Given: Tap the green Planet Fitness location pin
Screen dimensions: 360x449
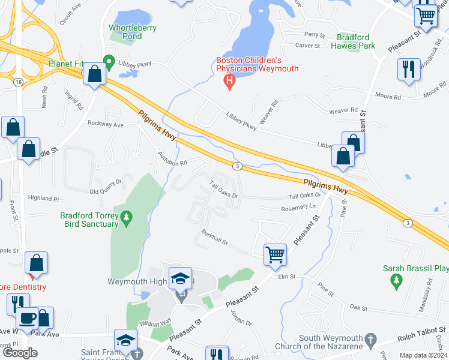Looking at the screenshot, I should [x=109, y=61].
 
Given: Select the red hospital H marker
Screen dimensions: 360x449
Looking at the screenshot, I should [x=229, y=80].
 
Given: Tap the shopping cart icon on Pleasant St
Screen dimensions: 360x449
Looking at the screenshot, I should [x=275, y=254].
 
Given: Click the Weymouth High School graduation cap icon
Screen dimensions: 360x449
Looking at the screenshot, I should [x=180, y=278].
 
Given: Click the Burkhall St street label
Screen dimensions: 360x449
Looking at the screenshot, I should [x=214, y=241].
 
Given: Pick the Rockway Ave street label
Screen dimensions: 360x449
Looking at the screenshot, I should [x=105, y=124].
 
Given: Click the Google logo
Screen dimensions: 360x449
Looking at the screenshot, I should [x=20, y=353].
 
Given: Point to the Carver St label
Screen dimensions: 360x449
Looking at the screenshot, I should [x=310, y=45].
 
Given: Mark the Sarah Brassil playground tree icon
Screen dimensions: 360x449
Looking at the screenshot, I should [x=396, y=280].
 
